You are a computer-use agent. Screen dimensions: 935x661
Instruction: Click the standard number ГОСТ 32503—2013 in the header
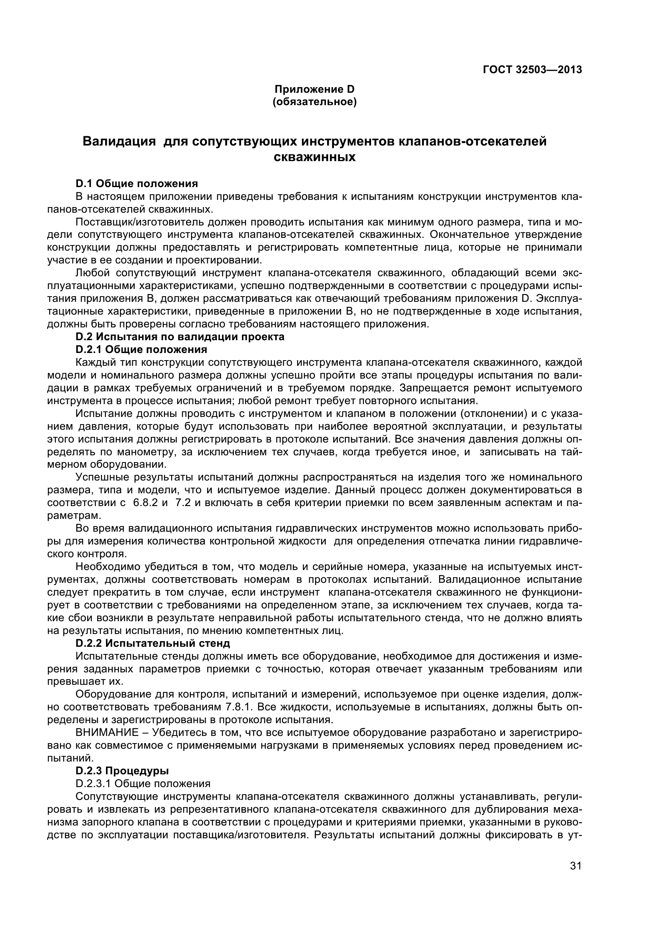(x=532, y=70)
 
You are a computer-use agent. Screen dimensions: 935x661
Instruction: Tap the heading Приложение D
(x=314, y=89)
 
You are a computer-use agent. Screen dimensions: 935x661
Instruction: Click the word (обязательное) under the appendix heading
(x=314, y=102)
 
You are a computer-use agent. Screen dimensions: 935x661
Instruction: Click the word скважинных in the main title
(x=314, y=157)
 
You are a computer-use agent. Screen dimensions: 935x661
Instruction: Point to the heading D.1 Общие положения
(x=137, y=183)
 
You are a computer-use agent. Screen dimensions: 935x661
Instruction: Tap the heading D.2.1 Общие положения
(x=141, y=349)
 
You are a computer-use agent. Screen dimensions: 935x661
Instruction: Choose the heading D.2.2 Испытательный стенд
(x=153, y=644)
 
